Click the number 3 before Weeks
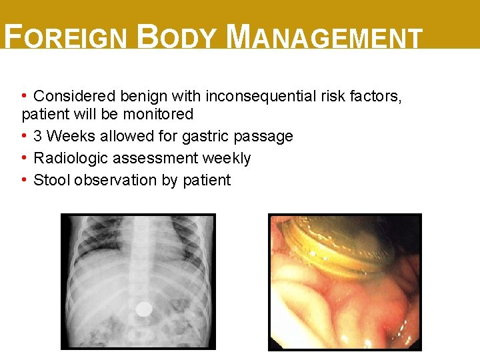coord(38,136)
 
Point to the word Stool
coord(52,180)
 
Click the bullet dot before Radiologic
coord(25,158)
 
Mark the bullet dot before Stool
coord(25,180)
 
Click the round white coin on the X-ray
coord(143,309)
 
